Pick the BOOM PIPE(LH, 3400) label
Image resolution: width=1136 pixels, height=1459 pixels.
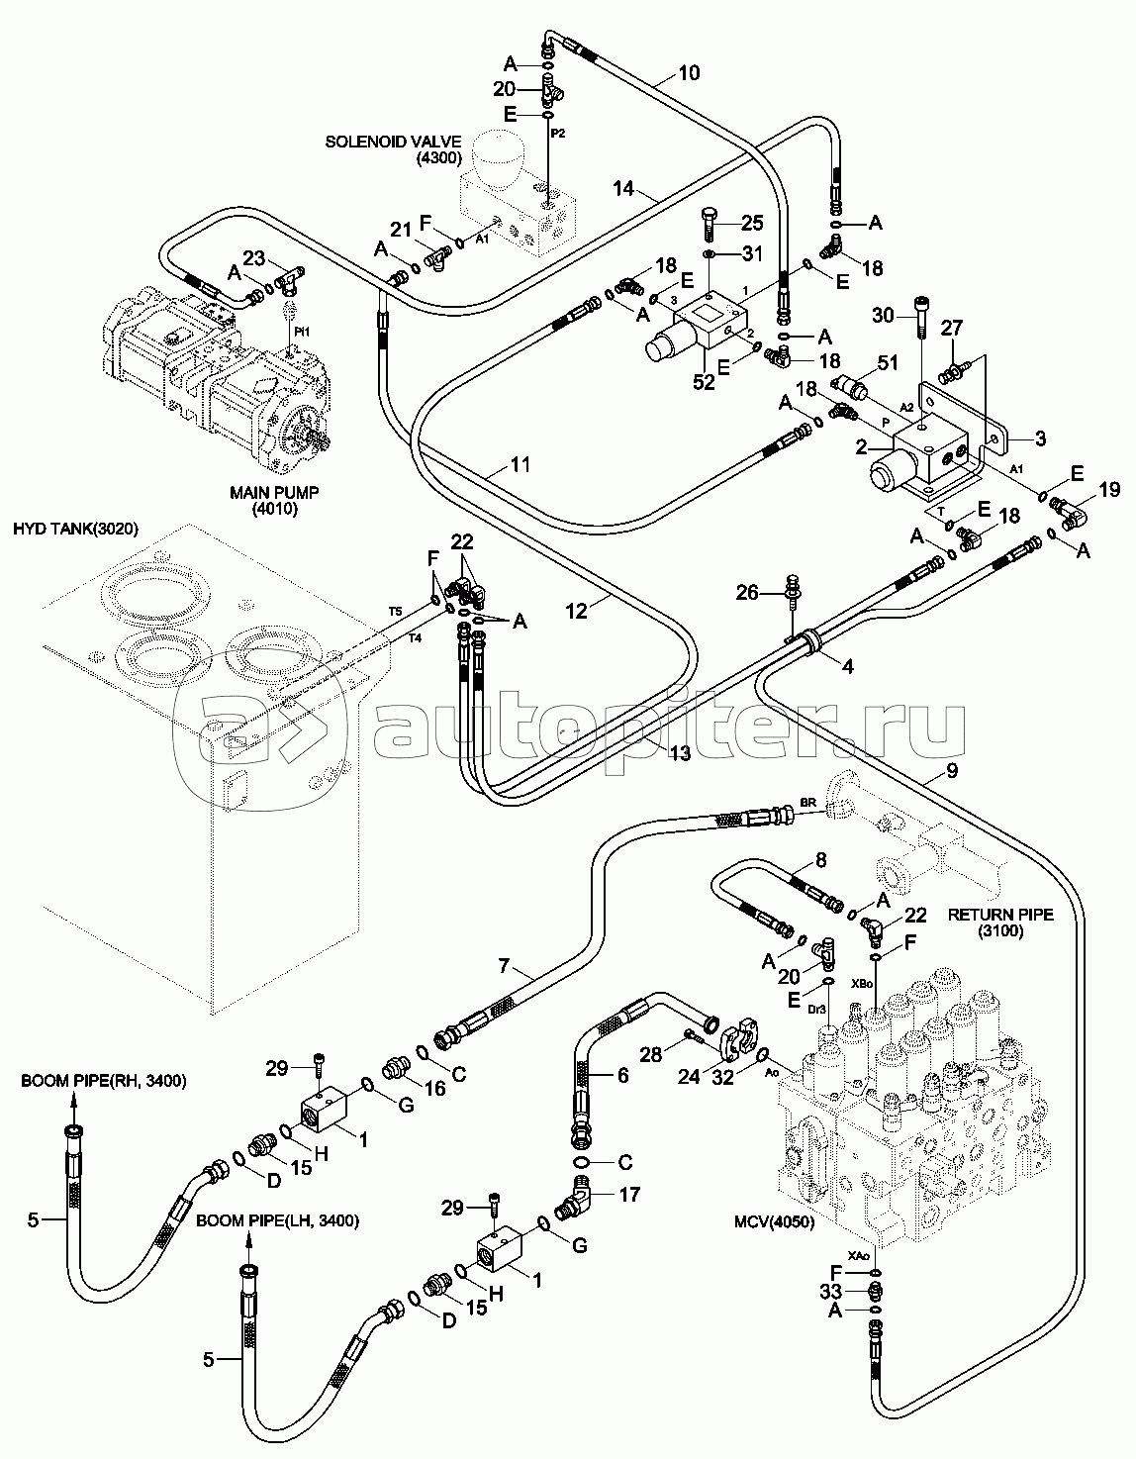pos(278,1221)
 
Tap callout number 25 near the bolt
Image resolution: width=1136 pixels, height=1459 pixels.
pos(753,224)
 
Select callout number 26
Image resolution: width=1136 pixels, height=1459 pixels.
pos(747,593)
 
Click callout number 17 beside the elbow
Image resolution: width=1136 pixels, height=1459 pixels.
pos(628,1195)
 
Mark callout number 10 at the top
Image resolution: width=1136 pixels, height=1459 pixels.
pos(689,72)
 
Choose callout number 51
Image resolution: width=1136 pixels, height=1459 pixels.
pos(888,363)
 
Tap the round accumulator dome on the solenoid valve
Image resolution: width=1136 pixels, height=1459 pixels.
pos(504,158)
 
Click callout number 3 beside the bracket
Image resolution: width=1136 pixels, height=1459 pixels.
pos(1041,438)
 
